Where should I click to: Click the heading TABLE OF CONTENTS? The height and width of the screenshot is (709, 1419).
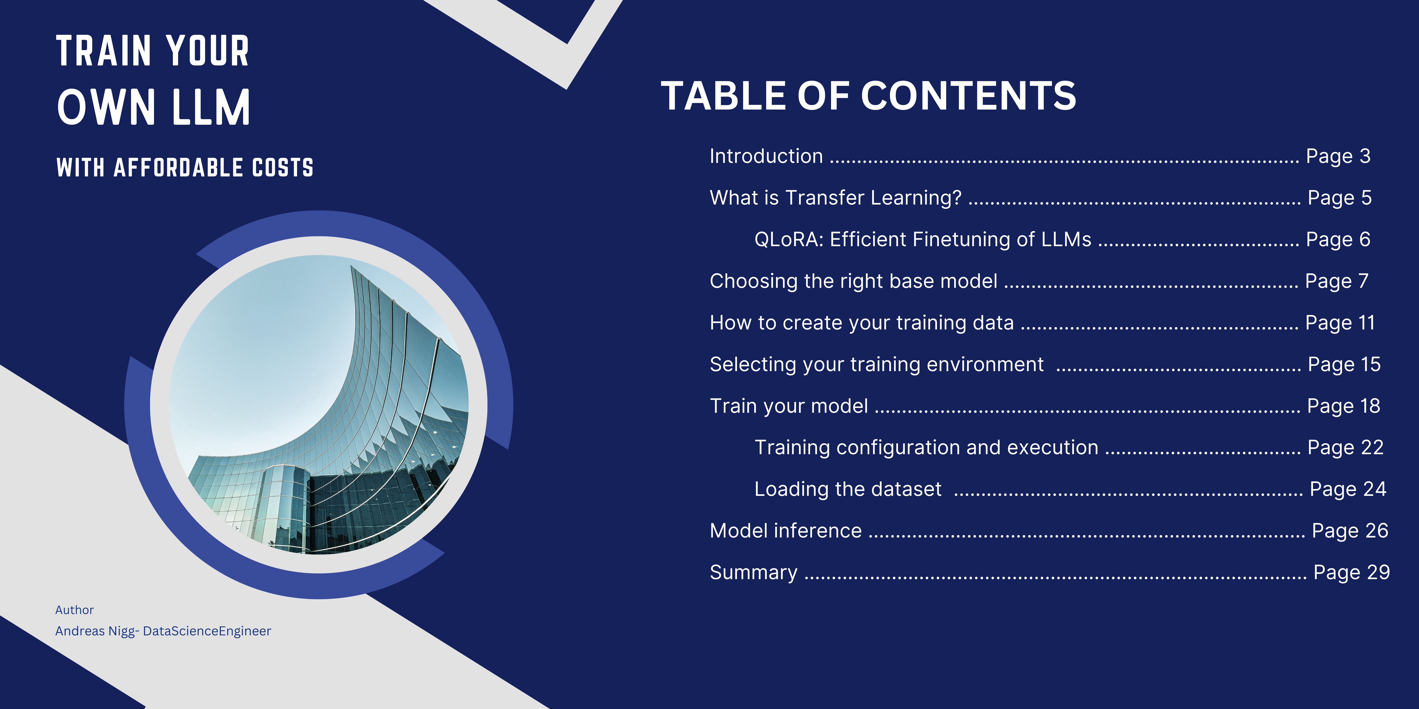[868, 96]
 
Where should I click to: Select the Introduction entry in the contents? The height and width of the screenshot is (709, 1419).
[766, 156]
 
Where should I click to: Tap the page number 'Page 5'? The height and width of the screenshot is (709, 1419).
[1340, 198]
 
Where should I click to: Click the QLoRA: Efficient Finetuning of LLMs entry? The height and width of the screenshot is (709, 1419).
[923, 239]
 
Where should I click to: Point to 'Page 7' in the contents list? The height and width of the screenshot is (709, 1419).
[1337, 281]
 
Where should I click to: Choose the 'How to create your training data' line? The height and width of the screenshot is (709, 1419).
[862, 322]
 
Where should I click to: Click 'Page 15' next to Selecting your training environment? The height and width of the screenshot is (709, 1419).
[1344, 364]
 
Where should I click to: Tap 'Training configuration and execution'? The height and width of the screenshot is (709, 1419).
[926, 447]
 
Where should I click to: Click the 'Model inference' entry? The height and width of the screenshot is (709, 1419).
[785, 531]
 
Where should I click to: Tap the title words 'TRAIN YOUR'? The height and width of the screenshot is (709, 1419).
[153, 51]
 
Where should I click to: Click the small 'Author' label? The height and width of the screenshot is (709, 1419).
[74, 610]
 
